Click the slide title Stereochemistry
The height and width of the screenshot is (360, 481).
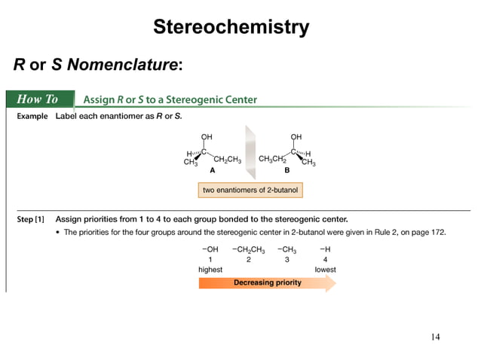[231, 28]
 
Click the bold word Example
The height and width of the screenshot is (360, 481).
[33, 117]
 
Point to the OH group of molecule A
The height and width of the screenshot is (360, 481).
[207, 136]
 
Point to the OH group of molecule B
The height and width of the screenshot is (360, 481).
[296, 136]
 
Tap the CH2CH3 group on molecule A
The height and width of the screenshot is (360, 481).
[227, 160]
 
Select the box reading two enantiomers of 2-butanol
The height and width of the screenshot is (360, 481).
[250, 190]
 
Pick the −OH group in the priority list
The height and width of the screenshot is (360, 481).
[210, 248]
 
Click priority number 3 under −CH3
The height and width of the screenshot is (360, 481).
[286, 258]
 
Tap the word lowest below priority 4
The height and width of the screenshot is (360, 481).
[325, 269]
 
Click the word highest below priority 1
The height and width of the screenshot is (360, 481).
[210, 269]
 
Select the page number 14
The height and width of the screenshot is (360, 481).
[435, 336]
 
